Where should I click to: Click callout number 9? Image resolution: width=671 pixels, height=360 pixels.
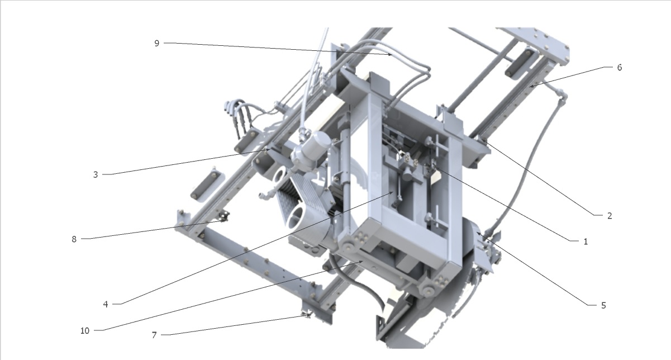coord(156,44)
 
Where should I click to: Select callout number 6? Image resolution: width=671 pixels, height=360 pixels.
coord(620,68)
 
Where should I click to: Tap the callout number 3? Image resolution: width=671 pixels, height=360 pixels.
coord(96,175)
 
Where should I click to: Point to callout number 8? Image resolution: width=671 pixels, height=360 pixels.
coord(74,239)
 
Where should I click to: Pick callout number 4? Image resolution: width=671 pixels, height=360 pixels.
coord(106,305)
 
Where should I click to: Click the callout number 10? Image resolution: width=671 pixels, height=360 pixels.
coord(85,330)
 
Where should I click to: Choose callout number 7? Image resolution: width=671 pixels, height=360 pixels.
coord(154,335)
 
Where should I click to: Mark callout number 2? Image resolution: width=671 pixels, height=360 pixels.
coord(610,216)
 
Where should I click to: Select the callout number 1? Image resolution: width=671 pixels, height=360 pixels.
coord(586,241)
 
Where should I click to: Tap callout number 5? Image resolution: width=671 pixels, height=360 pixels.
coord(603,305)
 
